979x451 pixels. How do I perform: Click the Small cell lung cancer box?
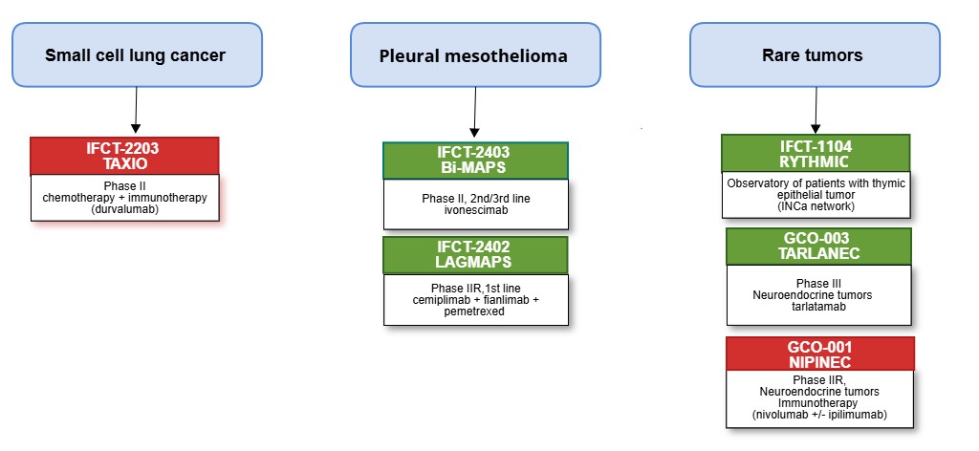pyautogui.click(x=137, y=54)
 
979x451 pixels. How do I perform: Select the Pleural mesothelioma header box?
pyautogui.click(x=475, y=54)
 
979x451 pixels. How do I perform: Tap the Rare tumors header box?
pyautogui.click(x=815, y=54)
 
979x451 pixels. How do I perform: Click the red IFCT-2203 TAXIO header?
pyautogui.click(x=125, y=156)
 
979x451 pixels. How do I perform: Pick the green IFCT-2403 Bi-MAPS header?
pyautogui.click(x=475, y=161)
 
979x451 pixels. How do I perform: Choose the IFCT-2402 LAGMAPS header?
pyautogui.click(x=475, y=254)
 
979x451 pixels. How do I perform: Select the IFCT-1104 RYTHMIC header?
pyautogui.click(x=816, y=154)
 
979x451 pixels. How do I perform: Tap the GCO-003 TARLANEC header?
pyautogui.click(x=818, y=247)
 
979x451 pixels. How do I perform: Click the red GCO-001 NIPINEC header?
pyautogui.click(x=819, y=354)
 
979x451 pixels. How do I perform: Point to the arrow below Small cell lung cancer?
pyautogui.click(x=136, y=110)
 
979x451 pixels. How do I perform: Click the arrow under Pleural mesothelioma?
pyautogui.click(x=474, y=113)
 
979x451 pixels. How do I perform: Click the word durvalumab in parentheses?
pyautogui.click(x=125, y=208)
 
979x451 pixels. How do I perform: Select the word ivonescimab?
pyautogui.click(x=475, y=209)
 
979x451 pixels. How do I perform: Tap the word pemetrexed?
pyautogui.click(x=475, y=311)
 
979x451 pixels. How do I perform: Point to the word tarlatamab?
pyautogui.click(x=818, y=306)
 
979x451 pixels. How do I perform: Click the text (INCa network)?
pyautogui.click(x=816, y=205)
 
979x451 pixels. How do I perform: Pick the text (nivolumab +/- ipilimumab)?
pyautogui.click(x=819, y=414)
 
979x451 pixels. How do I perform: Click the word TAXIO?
pyautogui.click(x=125, y=163)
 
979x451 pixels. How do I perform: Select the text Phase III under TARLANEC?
pyautogui.click(x=818, y=283)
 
